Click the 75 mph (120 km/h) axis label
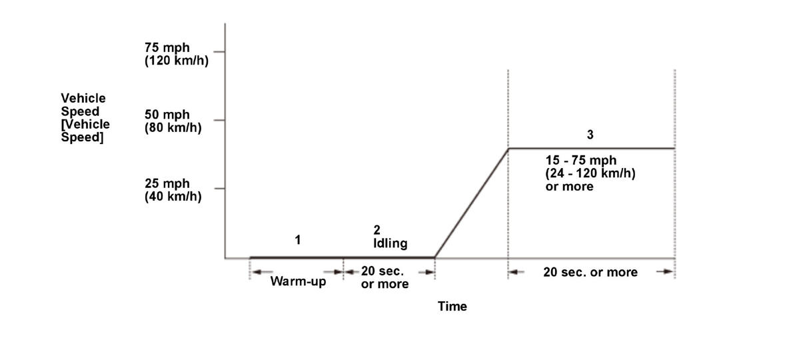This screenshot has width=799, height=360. pos(172,53)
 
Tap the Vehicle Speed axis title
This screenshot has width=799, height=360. pos(85,117)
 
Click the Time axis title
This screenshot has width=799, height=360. pos(452,307)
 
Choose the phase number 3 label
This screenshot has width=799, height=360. pos(590,135)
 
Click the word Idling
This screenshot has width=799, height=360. pos(390,244)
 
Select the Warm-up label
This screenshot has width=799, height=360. pos(298,281)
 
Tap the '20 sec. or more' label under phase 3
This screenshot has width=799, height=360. pos(590,272)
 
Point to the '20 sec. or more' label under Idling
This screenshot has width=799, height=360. pos(385,277)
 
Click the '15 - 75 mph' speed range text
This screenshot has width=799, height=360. pos(580,161)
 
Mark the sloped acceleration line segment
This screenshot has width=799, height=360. pos(471,203)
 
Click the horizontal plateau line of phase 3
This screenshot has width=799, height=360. pos(590,148)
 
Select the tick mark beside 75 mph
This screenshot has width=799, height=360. pos(219,51)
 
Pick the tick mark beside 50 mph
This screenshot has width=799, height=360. pos(219,121)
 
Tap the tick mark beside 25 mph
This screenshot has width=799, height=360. pos(219,189)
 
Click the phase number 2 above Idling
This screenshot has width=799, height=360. pos(377,231)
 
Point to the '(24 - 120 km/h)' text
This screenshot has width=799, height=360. pos(590,174)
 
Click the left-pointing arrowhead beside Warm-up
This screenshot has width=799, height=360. pos(256,271)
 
